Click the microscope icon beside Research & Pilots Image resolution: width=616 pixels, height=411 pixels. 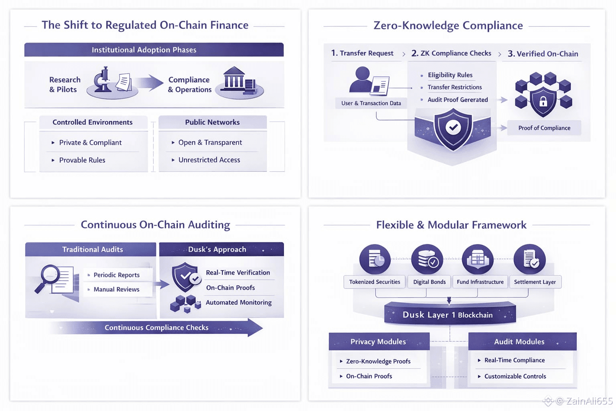click(103, 79)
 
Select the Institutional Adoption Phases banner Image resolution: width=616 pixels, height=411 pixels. click(154, 50)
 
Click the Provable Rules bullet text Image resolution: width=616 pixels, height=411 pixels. click(82, 160)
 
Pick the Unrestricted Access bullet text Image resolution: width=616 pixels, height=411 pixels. click(209, 160)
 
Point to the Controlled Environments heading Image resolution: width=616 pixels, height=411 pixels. click(93, 122)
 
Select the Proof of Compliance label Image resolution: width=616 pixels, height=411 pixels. click(544, 128)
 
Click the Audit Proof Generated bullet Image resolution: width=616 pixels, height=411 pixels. click(458, 100)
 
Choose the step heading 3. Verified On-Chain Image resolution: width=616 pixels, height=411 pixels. click(543, 54)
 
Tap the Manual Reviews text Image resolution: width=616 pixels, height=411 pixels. click(116, 289)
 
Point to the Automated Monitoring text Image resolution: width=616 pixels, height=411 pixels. click(239, 303)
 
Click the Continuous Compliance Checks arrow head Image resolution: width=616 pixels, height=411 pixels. click(254, 328)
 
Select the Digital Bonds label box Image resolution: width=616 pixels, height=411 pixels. click(430, 282)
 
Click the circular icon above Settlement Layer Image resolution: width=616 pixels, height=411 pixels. click(530, 259)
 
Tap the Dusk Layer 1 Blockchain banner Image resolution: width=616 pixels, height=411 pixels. click(450, 315)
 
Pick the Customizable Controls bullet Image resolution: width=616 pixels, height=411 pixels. click(515, 376)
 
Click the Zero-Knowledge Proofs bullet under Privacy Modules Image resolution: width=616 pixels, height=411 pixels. click(378, 361)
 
